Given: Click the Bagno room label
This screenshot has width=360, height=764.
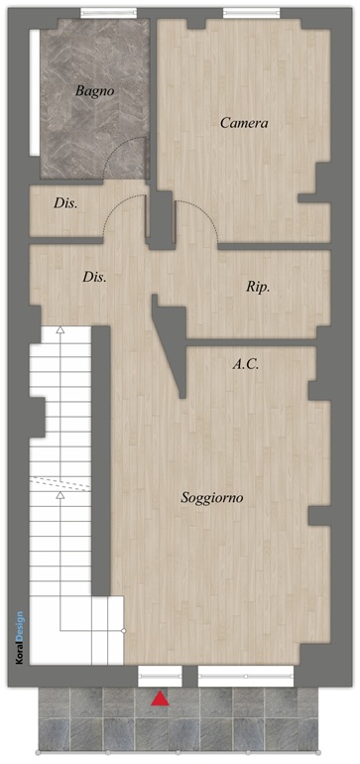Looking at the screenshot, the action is (x=94, y=91).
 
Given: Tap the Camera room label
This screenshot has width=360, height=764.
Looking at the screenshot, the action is (x=244, y=123).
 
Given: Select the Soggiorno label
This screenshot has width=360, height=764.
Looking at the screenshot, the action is (x=212, y=498).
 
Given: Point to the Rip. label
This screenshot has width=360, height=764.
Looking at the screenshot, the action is (x=258, y=288).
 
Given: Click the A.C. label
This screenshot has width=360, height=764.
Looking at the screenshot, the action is (x=245, y=364).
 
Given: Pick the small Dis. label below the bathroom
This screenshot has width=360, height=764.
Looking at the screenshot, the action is (x=65, y=203).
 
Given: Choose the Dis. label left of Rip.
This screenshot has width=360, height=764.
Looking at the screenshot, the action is (x=94, y=278).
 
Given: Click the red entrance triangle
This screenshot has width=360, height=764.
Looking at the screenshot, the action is (x=160, y=699).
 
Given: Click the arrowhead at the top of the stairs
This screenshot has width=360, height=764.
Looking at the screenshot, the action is (x=60, y=329).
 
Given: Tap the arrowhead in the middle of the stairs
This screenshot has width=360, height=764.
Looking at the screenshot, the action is (x=60, y=495).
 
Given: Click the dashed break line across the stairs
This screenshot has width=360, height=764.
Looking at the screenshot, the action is (x=60, y=484).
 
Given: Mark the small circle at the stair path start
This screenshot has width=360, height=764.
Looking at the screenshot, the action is (x=124, y=631).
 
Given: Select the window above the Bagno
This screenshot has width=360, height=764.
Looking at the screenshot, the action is (x=109, y=13).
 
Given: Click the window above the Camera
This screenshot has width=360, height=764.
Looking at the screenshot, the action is (x=251, y=13).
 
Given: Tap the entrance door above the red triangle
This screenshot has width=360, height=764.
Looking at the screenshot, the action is (x=160, y=677).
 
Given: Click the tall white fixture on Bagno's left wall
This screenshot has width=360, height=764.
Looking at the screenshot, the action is (x=35, y=92).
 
